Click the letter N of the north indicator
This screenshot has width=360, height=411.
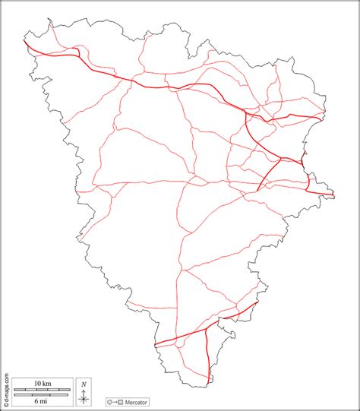click(84, 384)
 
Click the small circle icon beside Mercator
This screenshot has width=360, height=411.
click(110, 401)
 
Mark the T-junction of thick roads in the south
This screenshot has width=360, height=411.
click(207, 329)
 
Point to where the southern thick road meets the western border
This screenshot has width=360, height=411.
click(154, 346)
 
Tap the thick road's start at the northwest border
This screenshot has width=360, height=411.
click(27, 43)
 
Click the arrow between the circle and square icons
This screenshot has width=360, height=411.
click(115, 401)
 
